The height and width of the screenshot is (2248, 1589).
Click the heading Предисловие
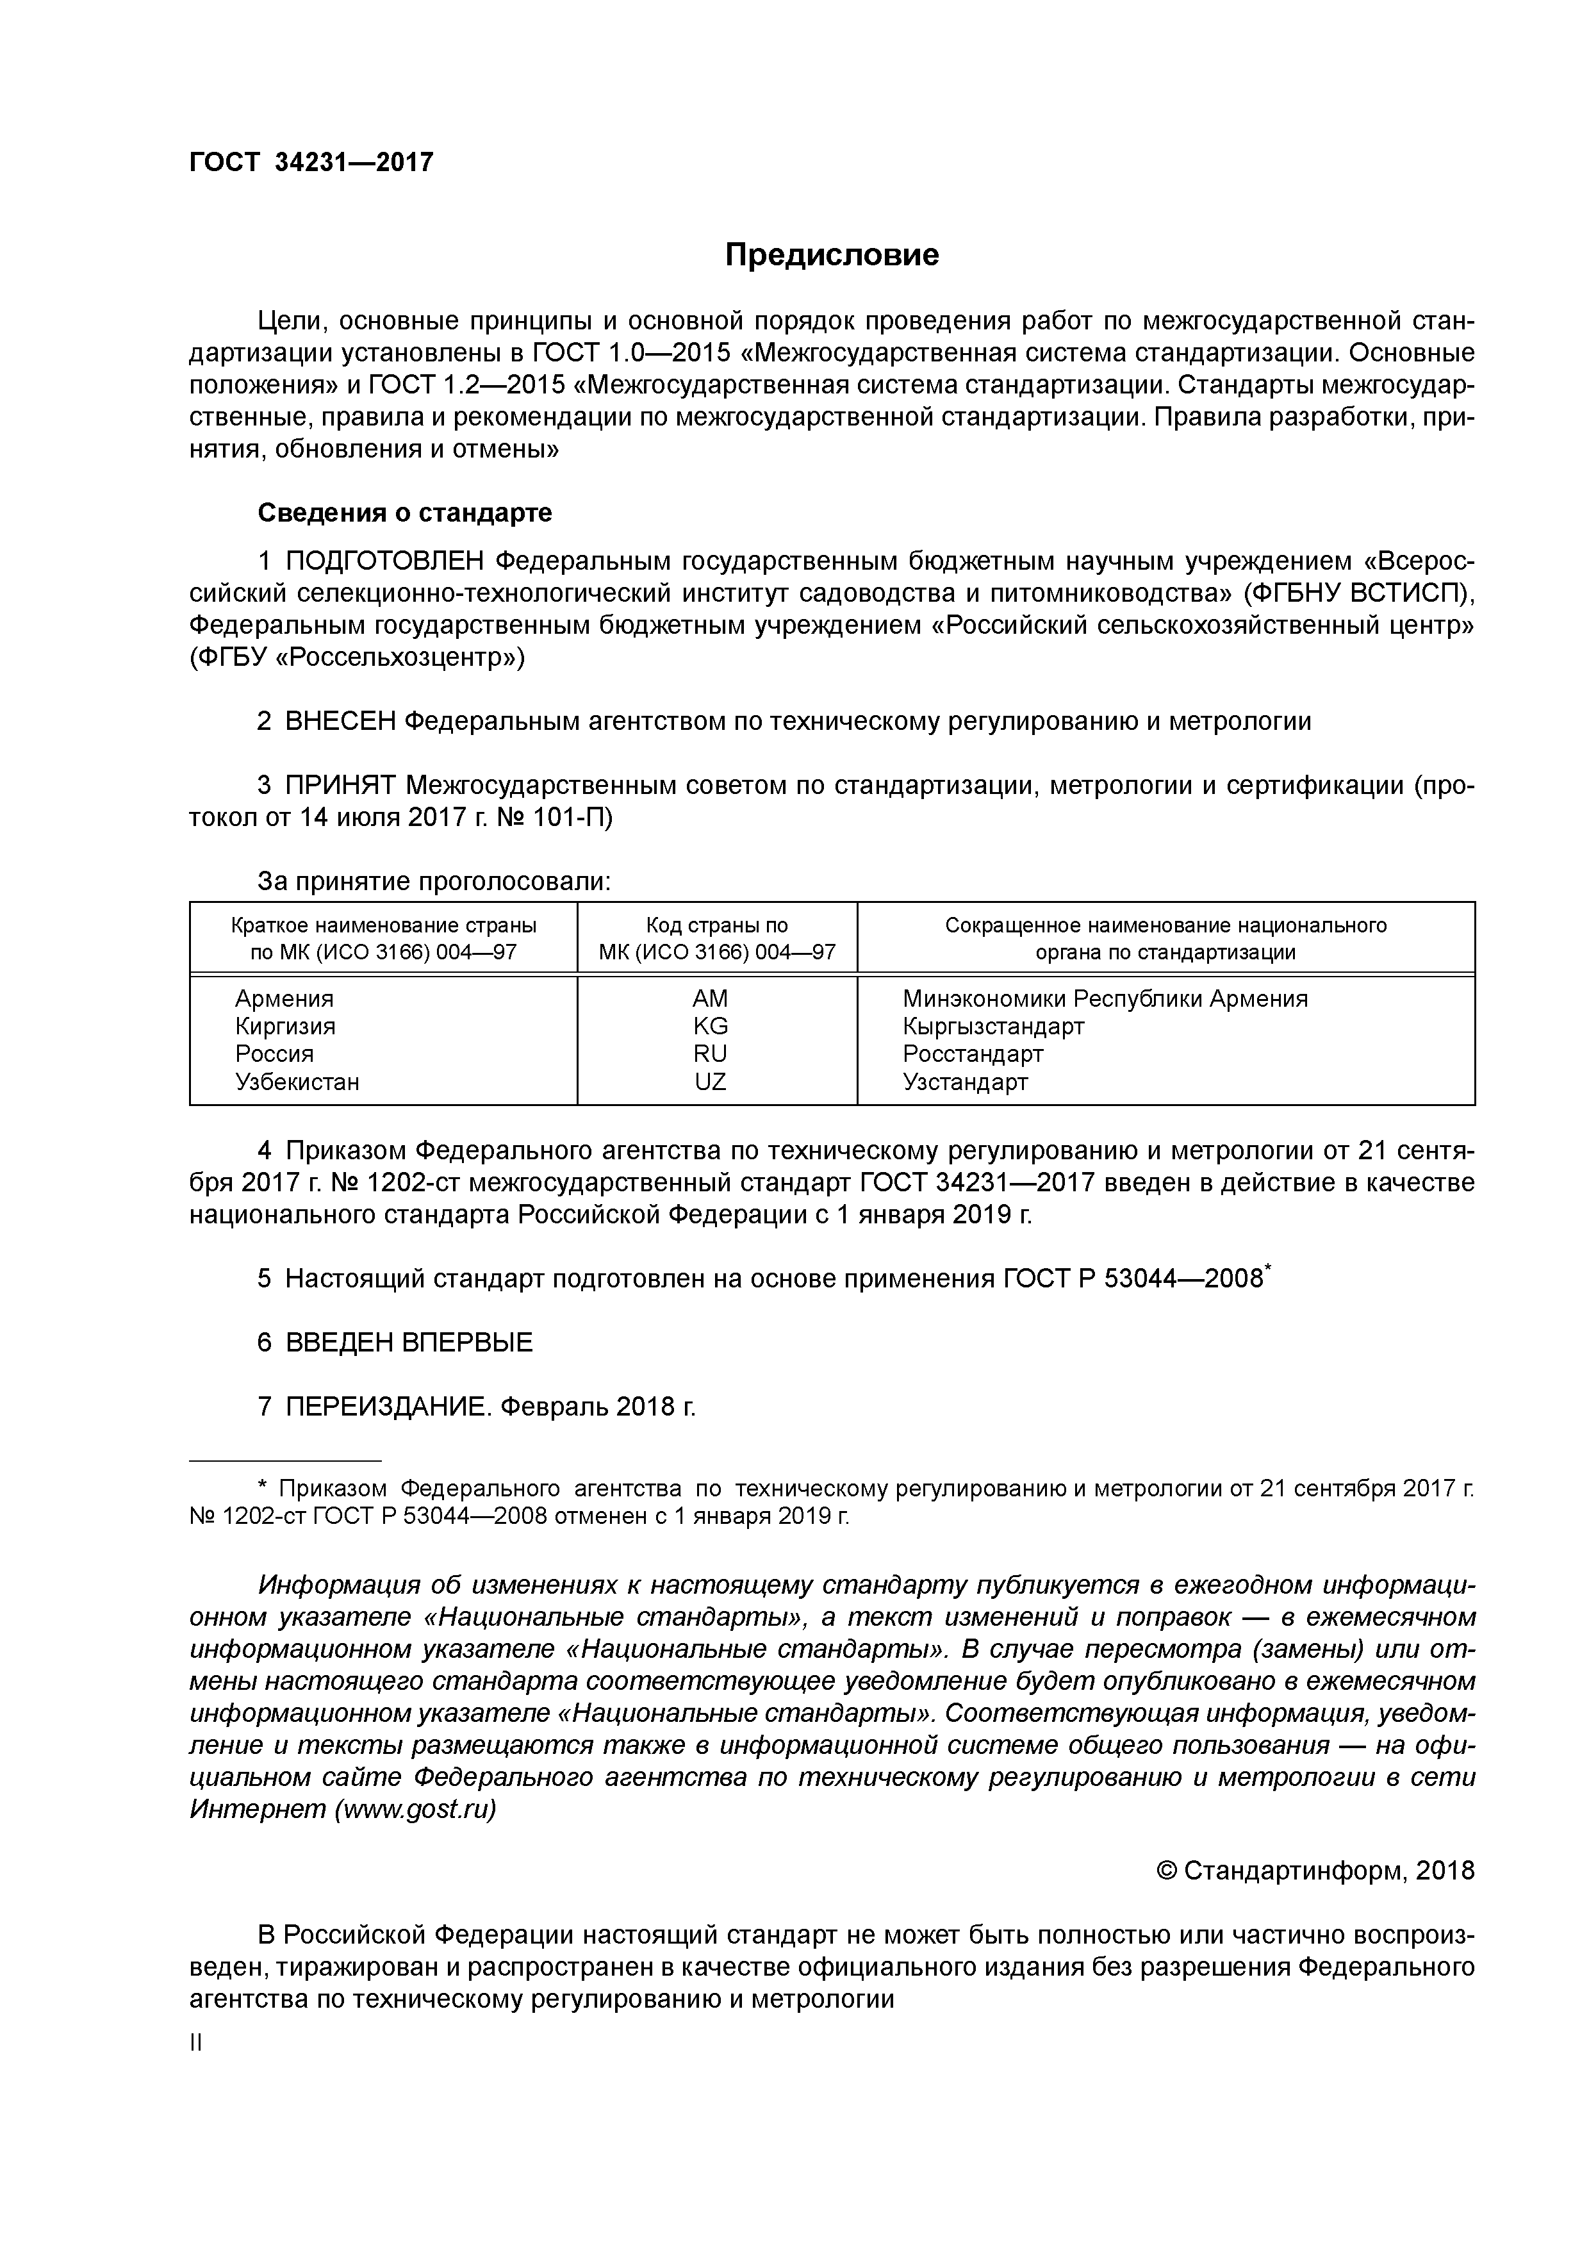(x=831, y=254)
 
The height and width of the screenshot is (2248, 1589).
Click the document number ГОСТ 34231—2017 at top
(x=310, y=163)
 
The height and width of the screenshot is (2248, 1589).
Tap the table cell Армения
(x=284, y=998)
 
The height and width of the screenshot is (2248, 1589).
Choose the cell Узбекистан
(x=297, y=1082)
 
